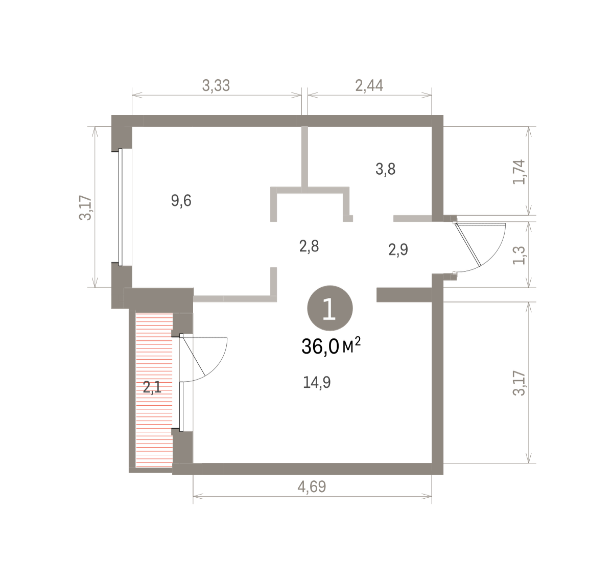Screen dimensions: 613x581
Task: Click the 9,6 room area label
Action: point(181,200)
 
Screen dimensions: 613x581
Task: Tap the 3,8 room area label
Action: point(385,169)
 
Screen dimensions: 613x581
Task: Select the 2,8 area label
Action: point(309,246)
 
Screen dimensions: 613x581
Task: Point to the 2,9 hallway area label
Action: point(398,250)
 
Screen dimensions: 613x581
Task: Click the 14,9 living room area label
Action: point(317,382)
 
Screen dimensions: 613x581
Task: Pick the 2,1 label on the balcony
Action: point(152,387)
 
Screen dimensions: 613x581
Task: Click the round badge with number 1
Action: point(330,308)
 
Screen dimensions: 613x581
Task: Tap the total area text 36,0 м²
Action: point(331,346)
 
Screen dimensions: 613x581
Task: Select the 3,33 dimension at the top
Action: point(216,85)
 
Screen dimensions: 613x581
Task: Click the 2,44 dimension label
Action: point(369,85)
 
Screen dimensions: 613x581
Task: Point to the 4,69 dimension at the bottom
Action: point(312,487)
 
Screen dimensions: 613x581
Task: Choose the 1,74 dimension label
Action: point(519,172)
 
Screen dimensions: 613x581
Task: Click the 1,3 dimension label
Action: point(519,255)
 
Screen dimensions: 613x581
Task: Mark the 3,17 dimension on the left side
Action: point(85,207)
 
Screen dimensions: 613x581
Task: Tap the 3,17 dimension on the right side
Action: point(519,383)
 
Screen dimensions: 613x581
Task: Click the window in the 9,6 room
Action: point(121,207)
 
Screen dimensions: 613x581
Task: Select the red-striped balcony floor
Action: point(154,390)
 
